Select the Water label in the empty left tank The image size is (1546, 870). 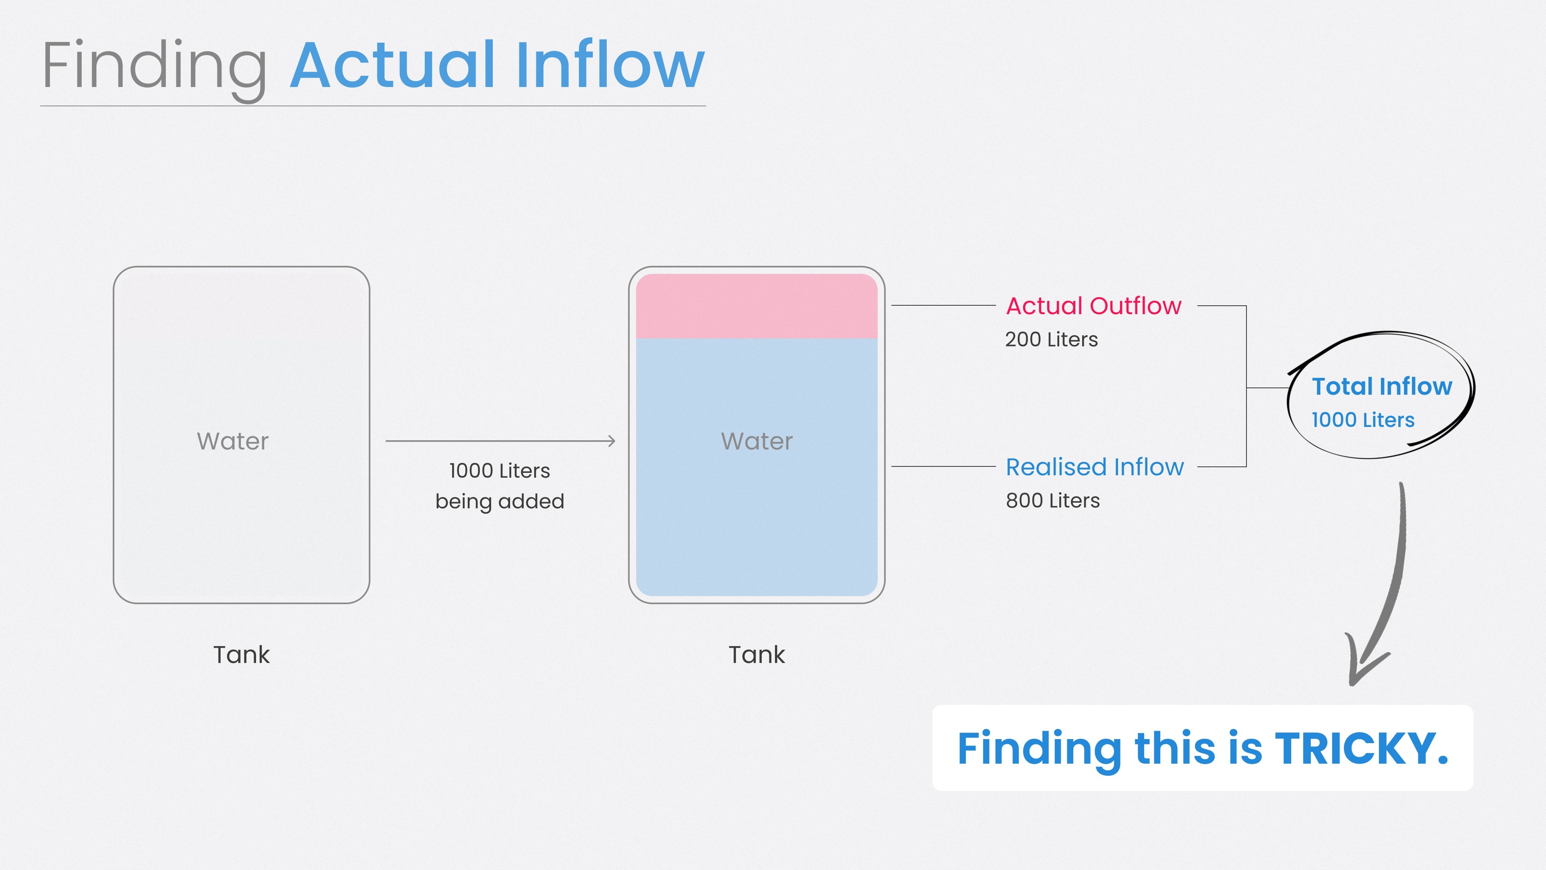tap(233, 441)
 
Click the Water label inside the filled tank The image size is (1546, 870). tap(757, 441)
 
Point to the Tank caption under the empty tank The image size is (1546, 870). tap(241, 655)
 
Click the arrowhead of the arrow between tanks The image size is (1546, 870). tap(612, 441)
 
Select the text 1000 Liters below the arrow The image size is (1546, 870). tap(499, 471)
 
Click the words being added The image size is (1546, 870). tap(499, 501)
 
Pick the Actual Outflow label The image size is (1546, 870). tap(1093, 306)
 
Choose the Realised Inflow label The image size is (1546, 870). tap(1095, 467)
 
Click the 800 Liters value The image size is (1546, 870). tap(1053, 501)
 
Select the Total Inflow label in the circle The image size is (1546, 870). tap(1382, 387)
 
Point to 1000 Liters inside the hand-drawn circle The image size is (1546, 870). tap(1363, 420)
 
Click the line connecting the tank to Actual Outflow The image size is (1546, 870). tap(943, 306)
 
